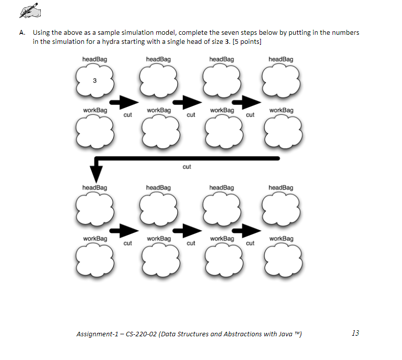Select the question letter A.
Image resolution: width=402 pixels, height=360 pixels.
(x=22, y=33)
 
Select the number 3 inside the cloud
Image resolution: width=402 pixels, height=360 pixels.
(x=94, y=81)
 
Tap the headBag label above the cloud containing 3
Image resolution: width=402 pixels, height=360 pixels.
(x=94, y=59)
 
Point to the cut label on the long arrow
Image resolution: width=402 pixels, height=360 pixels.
(x=187, y=167)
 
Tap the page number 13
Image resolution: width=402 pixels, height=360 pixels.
(x=355, y=333)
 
